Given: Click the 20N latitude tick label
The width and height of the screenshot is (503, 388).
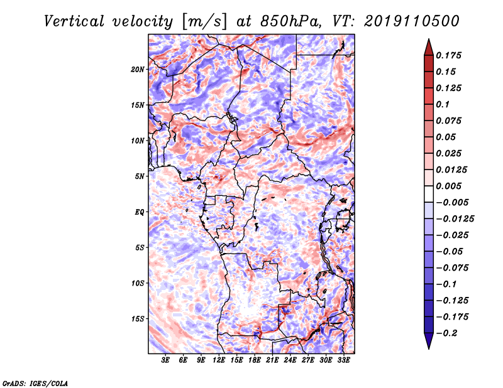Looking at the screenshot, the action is (x=138, y=70).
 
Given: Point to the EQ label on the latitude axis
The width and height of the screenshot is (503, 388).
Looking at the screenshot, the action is (x=140, y=212).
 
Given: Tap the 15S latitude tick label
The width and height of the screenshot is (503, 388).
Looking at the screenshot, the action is (x=138, y=319).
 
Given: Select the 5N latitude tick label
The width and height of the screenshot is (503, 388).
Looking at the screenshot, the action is (x=140, y=176).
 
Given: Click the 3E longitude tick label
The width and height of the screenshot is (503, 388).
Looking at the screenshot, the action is (x=165, y=360).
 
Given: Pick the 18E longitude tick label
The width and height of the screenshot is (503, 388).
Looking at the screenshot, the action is (x=255, y=360).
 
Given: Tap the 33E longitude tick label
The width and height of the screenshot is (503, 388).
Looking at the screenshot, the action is (x=343, y=360).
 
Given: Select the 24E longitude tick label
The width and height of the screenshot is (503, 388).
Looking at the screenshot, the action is (x=290, y=360).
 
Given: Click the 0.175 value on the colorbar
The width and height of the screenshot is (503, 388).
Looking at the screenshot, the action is (x=448, y=55).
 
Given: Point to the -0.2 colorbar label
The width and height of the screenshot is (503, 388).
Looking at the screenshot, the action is (x=446, y=333).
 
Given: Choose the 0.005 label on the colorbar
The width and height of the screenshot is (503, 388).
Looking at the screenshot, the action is (x=448, y=186).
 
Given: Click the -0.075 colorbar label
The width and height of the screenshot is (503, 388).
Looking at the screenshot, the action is (x=452, y=268).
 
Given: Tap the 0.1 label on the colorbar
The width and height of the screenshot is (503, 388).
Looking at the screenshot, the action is (x=443, y=104).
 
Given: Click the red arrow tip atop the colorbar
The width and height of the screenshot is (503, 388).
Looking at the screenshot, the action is (x=429, y=40).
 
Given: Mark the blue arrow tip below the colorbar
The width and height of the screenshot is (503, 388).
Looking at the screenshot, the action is (x=429, y=348).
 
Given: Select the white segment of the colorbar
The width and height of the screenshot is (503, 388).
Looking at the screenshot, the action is (x=429, y=194).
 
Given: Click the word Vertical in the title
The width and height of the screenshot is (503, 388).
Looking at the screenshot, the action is (x=74, y=21).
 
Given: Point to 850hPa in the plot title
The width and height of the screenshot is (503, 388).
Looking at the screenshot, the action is (x=290, y=21).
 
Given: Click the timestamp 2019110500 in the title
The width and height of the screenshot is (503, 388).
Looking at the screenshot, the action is (x=412, y=21).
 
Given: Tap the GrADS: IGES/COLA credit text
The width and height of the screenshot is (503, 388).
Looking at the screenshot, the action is (x=35, y=383).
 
